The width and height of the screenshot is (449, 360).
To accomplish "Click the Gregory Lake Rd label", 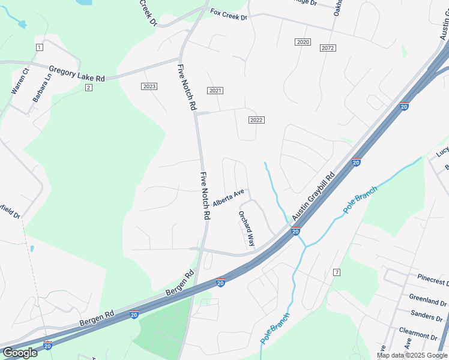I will point(77,74).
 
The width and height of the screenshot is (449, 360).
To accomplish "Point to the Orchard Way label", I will point(247,229).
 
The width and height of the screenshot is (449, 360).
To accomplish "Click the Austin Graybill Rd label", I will point(313,197).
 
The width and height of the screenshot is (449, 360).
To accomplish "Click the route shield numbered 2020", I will point(303,41).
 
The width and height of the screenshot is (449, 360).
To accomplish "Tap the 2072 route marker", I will point(328,47).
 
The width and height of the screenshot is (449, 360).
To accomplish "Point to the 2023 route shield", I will point(149,86).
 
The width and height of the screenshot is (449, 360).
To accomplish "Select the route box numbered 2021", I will point(215,90).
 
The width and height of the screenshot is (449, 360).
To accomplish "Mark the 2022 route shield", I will point(256,120).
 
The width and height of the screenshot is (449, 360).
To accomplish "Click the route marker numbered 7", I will point(337,272).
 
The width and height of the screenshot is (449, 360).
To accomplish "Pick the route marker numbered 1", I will point(40,47).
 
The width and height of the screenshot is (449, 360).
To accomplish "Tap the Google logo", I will point(20,353).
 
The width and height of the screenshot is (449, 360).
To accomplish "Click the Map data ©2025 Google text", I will point(412,355).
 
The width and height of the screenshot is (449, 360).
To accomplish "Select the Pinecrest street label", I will point(433,280).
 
